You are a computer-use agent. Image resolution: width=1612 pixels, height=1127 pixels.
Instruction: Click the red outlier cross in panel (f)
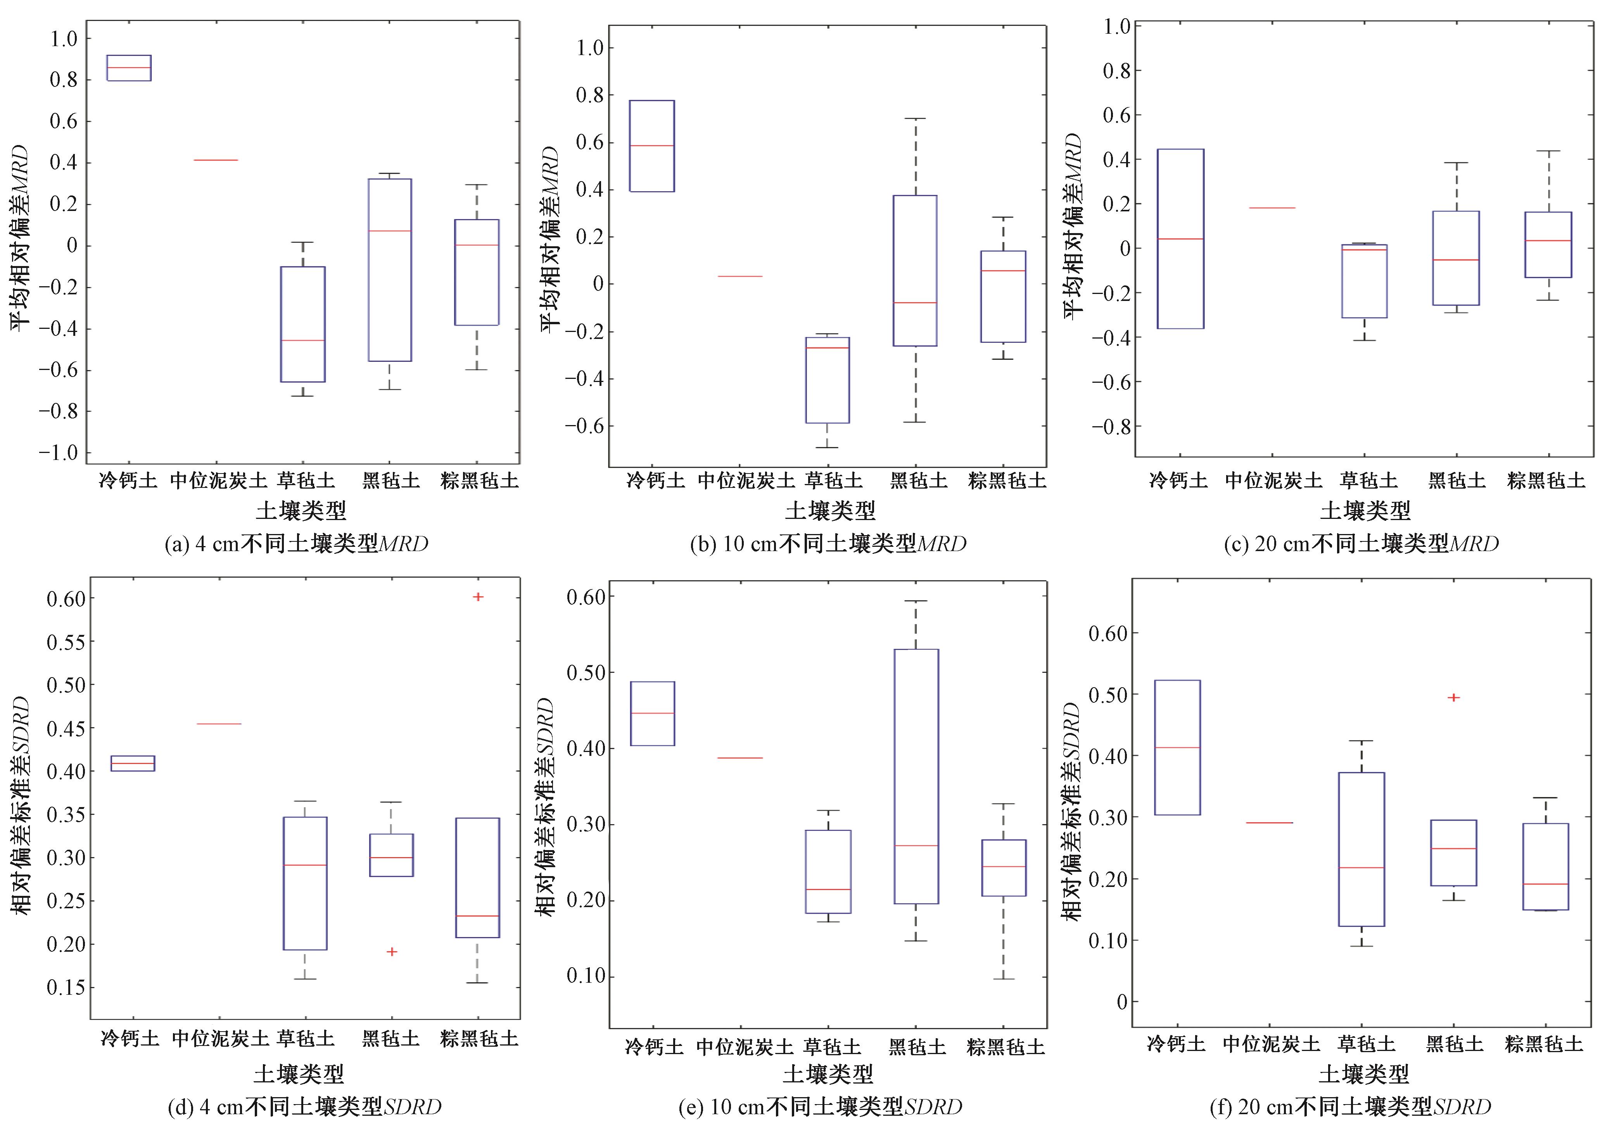(x=1454, y=697)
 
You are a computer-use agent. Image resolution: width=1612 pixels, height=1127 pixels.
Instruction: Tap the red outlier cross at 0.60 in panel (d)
(x=478, y=597)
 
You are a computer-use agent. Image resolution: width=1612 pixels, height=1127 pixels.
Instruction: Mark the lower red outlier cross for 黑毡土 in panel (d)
(x=392, y=951)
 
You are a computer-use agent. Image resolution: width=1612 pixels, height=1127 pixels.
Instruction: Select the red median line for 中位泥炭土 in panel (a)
(x=216, y=160)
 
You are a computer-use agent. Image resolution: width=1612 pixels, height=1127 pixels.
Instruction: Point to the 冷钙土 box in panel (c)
(x=1180, y=239)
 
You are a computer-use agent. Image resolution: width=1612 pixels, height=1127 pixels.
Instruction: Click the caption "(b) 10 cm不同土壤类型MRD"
(x=828, y=543)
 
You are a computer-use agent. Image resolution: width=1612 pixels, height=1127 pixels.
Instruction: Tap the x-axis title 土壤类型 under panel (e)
(x=828, y=1073)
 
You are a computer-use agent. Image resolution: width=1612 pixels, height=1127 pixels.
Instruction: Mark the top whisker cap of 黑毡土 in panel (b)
(x=915, y=119)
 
